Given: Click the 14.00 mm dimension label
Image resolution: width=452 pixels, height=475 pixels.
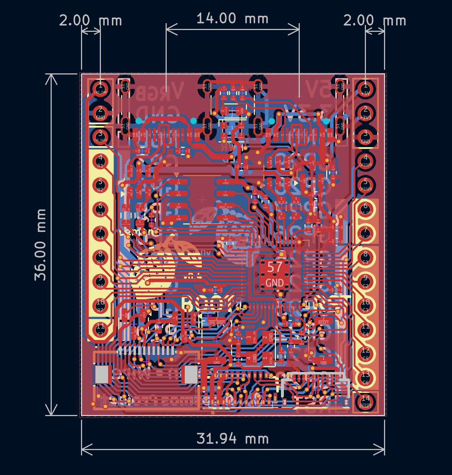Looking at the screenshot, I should click(x=232, y=19).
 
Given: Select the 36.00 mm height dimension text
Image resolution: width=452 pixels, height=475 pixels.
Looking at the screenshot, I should click(x=40, y=245).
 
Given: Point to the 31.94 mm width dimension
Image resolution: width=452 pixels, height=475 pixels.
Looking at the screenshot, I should click(x=233, y=439).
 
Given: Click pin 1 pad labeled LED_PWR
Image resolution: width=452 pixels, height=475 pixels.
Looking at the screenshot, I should click(x=101, y=88).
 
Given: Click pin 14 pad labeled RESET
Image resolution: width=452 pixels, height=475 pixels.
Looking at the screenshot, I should click(x=365, y=402).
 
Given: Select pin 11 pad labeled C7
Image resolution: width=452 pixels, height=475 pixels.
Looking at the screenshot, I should click(x=101, y=329).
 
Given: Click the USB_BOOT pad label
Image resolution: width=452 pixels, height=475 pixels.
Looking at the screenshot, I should click(x=216, y=322).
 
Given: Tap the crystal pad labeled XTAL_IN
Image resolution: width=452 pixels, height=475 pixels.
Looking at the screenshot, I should click(x=249, y=338).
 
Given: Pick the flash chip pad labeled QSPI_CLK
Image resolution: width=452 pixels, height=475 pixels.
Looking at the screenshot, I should click(x=225, y=206).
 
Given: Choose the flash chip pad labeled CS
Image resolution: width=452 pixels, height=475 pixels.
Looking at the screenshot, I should click(x=178, y=182).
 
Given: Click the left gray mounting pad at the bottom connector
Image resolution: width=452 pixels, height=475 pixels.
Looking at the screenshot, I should click(x=102, y=375).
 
